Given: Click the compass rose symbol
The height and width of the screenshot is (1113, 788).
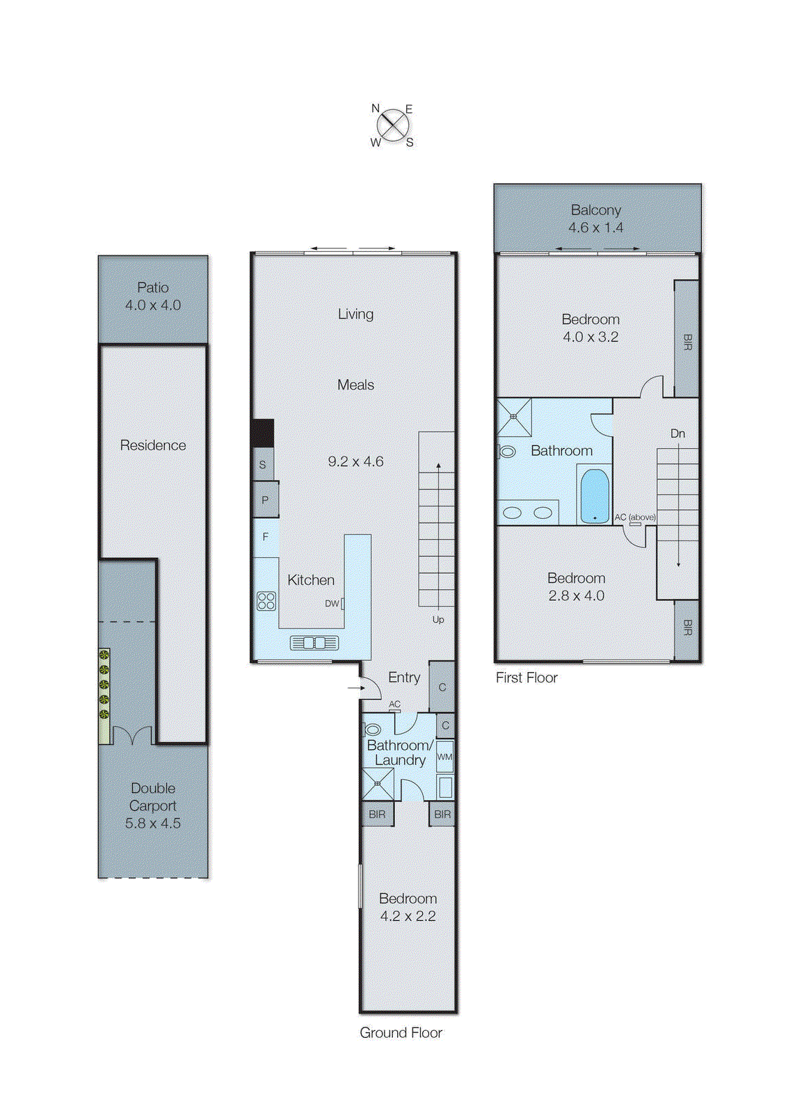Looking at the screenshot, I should click(393, 125).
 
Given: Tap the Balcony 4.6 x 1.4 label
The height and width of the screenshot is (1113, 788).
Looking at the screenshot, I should click(595, 218).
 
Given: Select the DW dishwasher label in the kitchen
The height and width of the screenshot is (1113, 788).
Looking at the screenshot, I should click(332, 603).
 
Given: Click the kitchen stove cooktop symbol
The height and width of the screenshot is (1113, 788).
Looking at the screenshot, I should click(266, 600).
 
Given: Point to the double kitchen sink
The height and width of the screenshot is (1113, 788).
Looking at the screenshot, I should click(314, 643).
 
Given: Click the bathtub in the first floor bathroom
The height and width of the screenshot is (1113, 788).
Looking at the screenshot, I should click(595, 495).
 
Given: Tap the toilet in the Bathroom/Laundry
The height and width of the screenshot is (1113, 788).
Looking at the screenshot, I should click(372, 730).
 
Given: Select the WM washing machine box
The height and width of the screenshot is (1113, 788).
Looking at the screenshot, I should click(444, 757).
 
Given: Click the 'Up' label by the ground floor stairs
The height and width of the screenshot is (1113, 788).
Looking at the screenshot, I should click(438, 619).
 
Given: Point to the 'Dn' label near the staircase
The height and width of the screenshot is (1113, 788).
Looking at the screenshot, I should click(677, 433).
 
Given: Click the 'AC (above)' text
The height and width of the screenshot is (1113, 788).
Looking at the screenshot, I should click(634, 517).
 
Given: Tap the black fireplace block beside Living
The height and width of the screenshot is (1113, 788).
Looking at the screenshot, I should click(263, 433).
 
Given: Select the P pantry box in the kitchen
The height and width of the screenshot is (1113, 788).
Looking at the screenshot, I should click(265, 499).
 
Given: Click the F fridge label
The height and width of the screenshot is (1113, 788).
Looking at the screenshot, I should click(265, 536).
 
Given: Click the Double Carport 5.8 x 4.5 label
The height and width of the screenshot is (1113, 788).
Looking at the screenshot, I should click(153, 806).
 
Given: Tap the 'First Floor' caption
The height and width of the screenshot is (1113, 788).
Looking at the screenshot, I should click(526, 678).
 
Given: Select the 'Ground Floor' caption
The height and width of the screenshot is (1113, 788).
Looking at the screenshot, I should click(401, 1032).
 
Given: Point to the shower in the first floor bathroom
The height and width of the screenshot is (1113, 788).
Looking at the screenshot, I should click(514, 416).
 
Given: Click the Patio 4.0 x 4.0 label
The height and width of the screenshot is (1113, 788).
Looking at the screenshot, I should click(153, 296).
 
